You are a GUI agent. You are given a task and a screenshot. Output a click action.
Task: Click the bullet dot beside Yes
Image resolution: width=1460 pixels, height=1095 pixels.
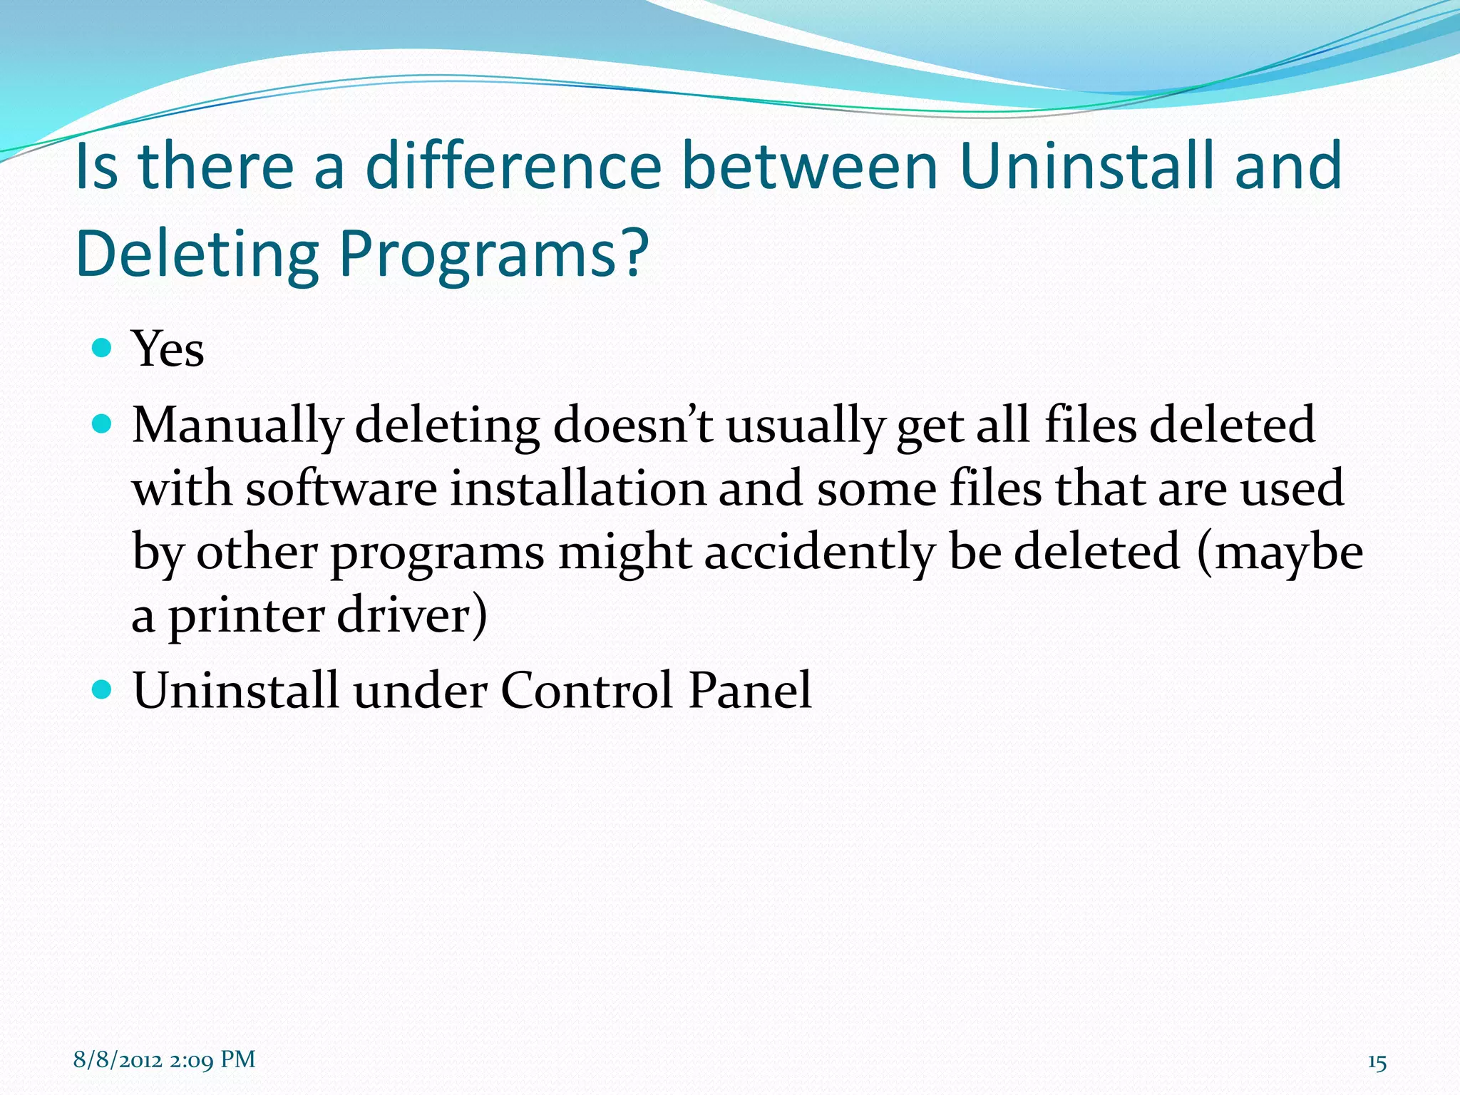(103, 348)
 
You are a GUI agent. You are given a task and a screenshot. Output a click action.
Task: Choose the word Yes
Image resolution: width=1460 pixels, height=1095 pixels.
(168, 349)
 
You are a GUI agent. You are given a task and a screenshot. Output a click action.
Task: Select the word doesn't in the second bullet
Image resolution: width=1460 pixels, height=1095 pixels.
(633, 425)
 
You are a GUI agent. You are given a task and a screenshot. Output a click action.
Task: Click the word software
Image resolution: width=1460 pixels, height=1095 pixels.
(341, 489)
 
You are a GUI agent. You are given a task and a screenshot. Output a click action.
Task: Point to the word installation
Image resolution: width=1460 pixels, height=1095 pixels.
(577, 489)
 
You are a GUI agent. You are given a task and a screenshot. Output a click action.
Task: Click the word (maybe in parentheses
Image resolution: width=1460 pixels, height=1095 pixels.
(1280, 553)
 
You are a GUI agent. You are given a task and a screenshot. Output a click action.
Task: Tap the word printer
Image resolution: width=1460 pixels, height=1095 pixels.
(247, 616)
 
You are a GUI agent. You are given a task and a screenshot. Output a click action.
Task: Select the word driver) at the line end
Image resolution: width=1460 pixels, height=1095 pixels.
(412, 616)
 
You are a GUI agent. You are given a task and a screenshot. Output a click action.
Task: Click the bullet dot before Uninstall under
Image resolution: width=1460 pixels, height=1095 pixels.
(103, 689)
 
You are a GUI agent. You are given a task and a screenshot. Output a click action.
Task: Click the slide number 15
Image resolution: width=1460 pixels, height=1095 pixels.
(1377, 1063)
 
